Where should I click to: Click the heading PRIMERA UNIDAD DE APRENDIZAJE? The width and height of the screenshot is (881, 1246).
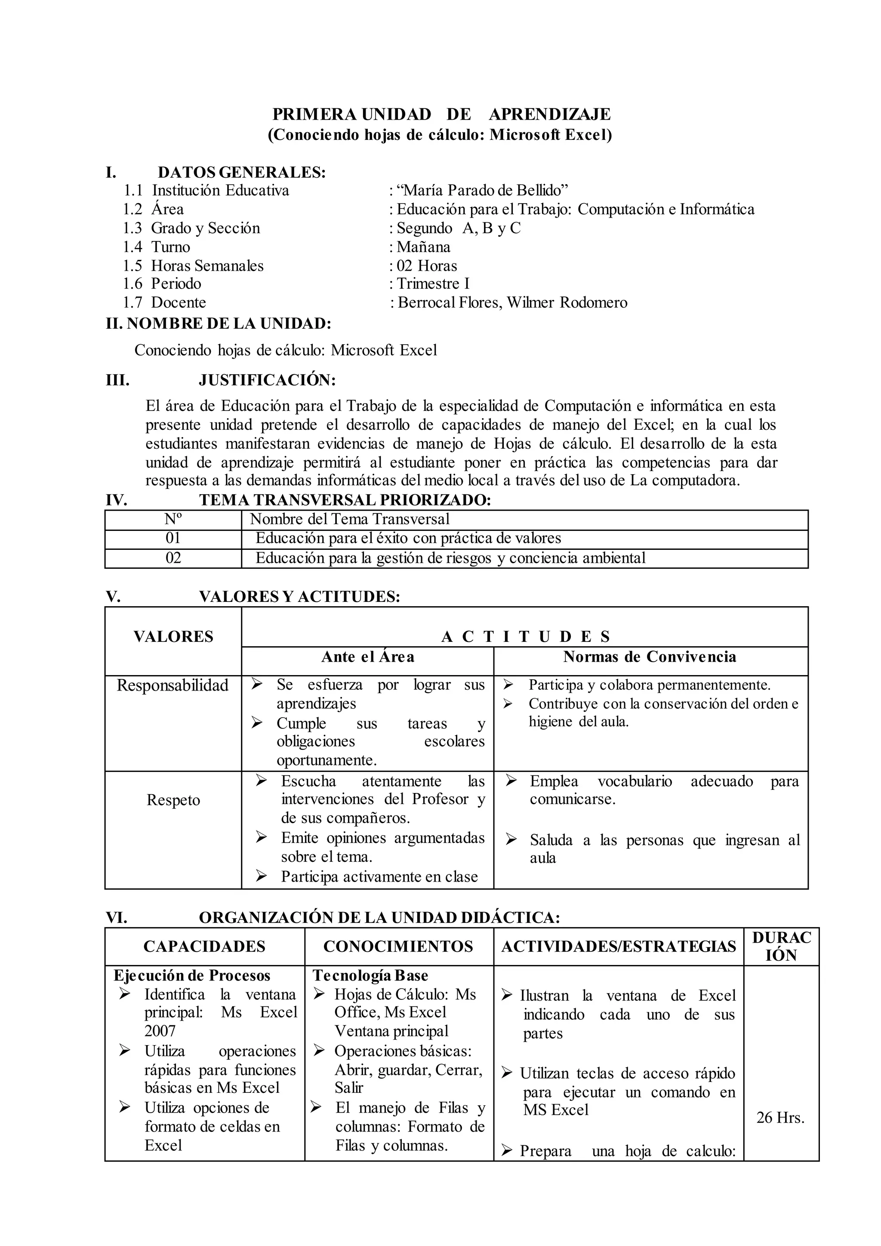pyautogui.click(x=441, y=114)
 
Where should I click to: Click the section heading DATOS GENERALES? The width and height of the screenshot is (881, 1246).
pyautogui.click(x=241, y=173)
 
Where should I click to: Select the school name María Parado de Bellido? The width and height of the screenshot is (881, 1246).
pyautogui.click(x=482, y=191)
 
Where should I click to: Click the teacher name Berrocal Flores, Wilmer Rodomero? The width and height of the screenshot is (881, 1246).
pyautogui.click(x=512, y=303)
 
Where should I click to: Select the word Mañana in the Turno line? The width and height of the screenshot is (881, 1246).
pyautogui.click(x=423, y=247)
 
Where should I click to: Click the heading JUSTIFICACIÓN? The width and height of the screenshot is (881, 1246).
pyautogui.click(x=267, y=380)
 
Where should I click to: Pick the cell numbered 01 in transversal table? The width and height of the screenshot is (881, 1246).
pyautogui.click(x=173, y=538)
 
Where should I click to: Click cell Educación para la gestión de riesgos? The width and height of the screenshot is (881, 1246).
pyautogui.click(x=450, y=558)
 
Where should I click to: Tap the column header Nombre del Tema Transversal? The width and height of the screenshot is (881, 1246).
pyautogui.click(x=349, y=519)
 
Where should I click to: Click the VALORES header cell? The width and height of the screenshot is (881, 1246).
pyautogui.click(x=173, y=637)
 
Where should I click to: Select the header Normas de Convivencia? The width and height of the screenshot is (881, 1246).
pyautogui.click(x=650, y=657)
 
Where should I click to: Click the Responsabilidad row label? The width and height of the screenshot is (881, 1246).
pyautogui.click(x=173, y=685)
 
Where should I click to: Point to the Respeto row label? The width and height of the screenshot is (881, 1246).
pyautogui.click(x=173, y=800)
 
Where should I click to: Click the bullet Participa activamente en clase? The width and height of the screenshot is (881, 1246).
pyautogui.click(x=379, y=876)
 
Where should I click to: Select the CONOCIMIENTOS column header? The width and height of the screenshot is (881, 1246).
pyautogui.click(x=398, y=947)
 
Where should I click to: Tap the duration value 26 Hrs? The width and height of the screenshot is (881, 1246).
pyautogui.click(x=780, y=1118)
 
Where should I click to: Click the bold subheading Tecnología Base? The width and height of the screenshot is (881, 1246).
pyautogui.click(x=370, y=976)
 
